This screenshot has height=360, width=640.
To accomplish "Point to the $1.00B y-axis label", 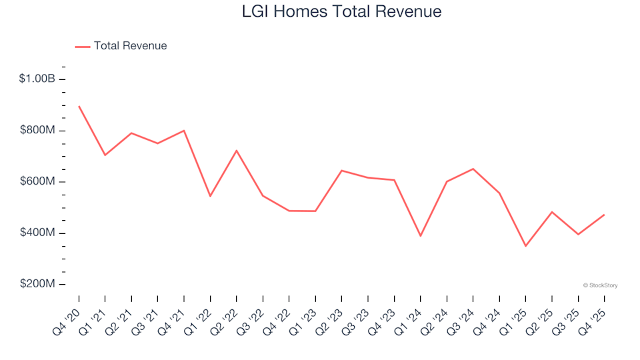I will [x=37, y=79].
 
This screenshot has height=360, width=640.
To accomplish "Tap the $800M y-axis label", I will [x=37, y=131].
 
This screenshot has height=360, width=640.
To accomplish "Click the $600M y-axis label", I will [x=37, y=182].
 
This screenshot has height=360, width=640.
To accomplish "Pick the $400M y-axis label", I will [x=37, y=233].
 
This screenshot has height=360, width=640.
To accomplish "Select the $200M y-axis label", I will [x=37, y=285].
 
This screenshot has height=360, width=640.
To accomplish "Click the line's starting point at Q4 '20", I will [x=79, y=107].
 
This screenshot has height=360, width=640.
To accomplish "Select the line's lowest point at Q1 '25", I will [x=525, y=246].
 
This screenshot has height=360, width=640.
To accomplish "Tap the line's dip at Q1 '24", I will [x=421, y=236].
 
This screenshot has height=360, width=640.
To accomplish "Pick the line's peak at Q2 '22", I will [x=237, y=151].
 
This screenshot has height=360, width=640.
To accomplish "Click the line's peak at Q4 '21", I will [x=184, y=131].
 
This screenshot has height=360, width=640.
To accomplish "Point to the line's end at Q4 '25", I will [x=604, y=215].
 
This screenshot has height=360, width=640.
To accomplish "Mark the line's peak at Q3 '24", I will [x=473, y=169].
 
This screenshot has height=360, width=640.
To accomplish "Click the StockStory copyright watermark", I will [x=600, y=285].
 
